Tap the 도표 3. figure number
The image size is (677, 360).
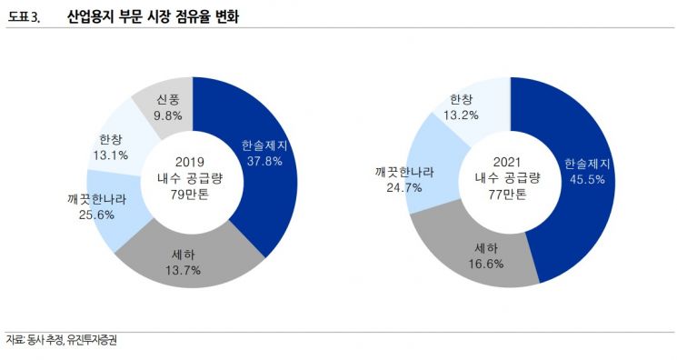click(x=25, y=16)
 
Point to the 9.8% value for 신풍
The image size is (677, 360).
click(x=168, y=115)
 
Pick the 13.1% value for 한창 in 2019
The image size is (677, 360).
click(x=111, y=155)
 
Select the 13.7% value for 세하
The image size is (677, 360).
click(x=185, y=270)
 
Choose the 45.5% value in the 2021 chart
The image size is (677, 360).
click(x=586, y=180)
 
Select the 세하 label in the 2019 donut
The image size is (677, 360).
click(x=185, y=255)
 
